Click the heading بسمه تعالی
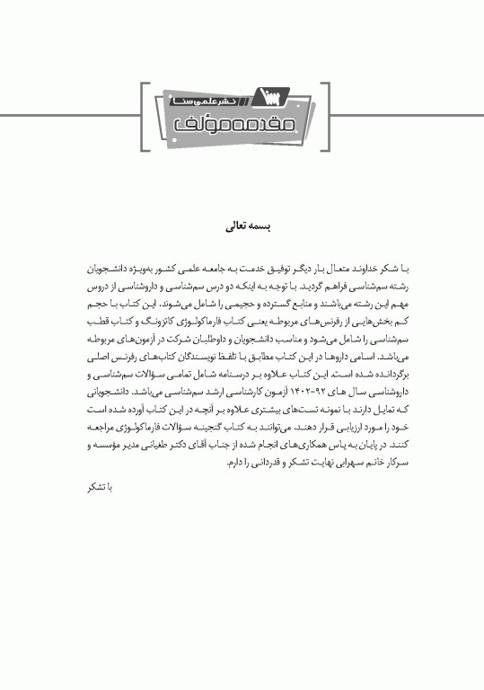(241, 227)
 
